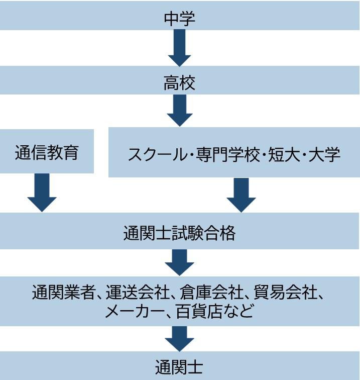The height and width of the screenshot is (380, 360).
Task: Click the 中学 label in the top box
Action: click(x=180, y=18)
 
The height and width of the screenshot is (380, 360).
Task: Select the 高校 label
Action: click(x=180, y=83)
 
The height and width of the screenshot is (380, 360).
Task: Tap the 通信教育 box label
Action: click(x=47, y=152)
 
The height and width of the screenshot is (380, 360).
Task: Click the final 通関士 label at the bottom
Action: click(x=180, y=367)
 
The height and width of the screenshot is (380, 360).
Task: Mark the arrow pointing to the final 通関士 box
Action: click(x=180, y=339)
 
